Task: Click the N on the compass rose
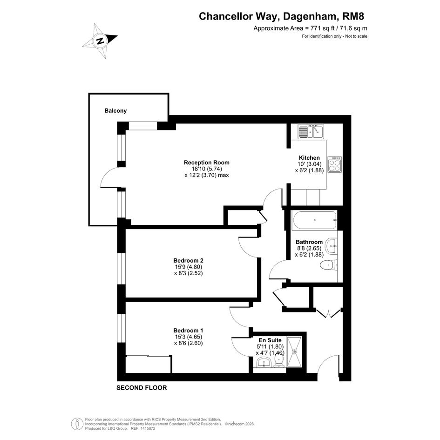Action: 100,41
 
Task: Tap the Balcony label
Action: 115,110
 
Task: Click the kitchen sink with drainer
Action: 311,131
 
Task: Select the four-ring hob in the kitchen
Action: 335,164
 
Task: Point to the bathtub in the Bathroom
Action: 314,220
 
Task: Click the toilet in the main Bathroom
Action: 328,265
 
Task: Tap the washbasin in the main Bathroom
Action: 332,246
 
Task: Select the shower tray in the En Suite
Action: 294,352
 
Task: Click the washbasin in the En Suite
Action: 264,362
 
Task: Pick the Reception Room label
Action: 207,162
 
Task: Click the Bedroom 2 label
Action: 188,260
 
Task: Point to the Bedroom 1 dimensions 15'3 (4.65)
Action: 188,337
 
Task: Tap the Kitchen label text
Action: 309,158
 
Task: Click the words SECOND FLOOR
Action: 142,388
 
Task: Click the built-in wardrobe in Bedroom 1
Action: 148,364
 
